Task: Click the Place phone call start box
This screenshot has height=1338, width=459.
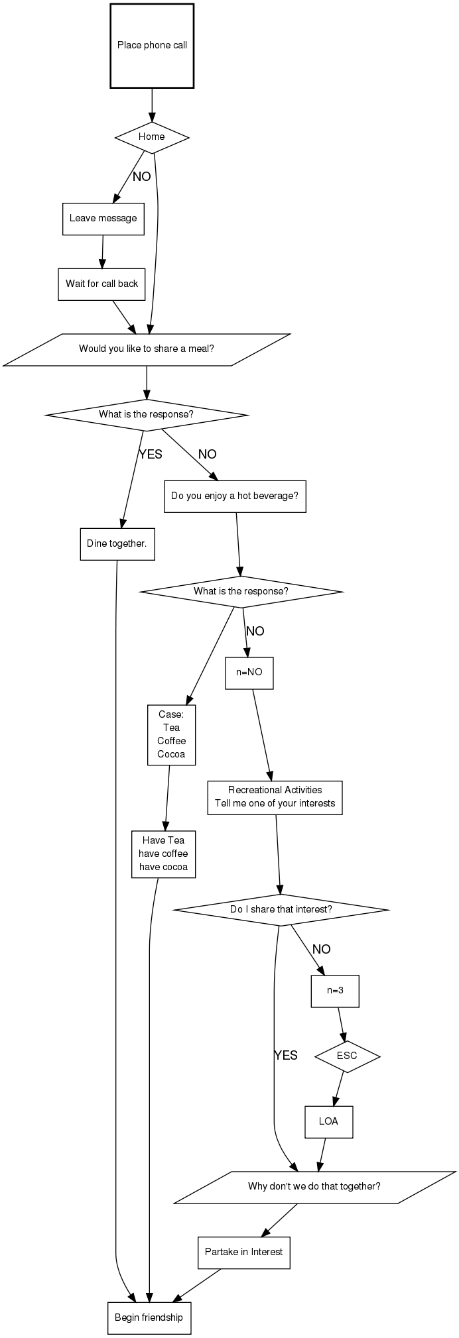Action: (152, 46)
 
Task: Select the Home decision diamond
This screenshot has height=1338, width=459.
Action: (152, 137)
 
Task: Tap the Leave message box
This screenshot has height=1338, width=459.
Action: (103, 219)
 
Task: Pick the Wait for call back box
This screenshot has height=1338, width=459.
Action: (101, 284)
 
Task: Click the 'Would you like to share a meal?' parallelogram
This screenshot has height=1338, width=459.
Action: (147, 349)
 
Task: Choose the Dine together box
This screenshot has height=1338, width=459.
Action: (117, 544)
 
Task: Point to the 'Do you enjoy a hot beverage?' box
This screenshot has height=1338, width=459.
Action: (235, 496)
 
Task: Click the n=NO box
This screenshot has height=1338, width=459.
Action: (249, 673)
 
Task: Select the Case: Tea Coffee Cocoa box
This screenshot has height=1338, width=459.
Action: (171, 735)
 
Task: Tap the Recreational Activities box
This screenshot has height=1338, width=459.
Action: (275, 797)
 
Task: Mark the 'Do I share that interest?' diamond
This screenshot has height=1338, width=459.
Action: (281, 910)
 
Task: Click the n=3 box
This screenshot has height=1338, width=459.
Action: (335, 991)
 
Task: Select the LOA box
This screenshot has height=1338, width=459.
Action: (328, 1122)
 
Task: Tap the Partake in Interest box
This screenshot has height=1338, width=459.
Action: (243, 1253)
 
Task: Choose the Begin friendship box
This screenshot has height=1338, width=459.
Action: (149, 1318)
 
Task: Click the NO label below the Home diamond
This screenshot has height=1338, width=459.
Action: (142, 177)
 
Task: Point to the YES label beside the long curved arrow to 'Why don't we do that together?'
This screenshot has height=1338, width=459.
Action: (286, 1056)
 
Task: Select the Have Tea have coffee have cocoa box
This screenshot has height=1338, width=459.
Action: (163, 854)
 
